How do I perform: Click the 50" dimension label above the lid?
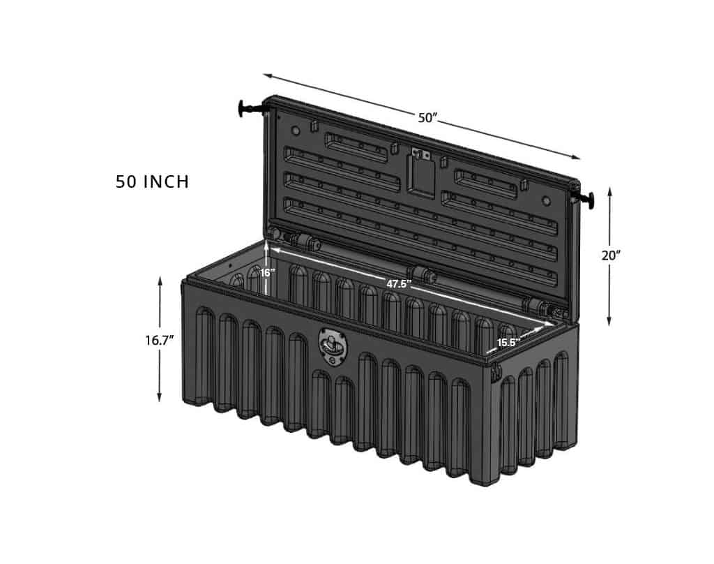(x=427, y=118)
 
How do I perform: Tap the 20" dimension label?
(x=611, y=255)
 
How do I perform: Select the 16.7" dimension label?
(x=159, y=340)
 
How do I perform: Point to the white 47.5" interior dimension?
(x=399, y=284)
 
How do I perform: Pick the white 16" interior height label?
(x=268, y=273)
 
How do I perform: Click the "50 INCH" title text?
(x=152, y=182)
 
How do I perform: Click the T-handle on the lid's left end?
(x=248, y=108)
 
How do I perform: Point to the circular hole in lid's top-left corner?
(x=296, y=131)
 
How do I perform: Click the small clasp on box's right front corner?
(x=496, y=371)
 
